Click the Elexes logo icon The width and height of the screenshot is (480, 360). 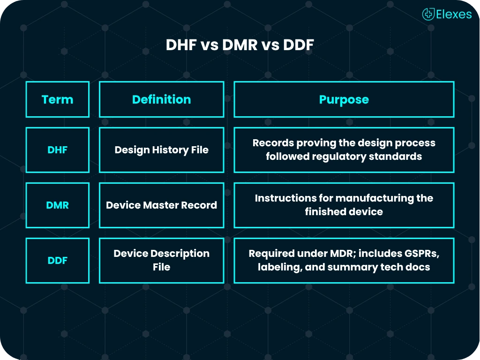428,14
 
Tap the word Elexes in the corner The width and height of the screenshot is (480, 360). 454,15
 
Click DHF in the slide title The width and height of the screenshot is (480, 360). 181,45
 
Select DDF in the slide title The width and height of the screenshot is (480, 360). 299,45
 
